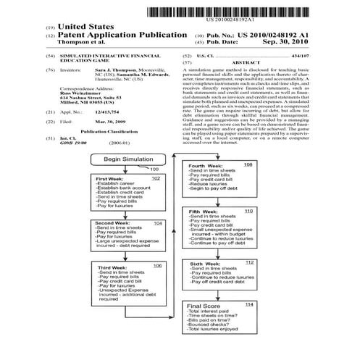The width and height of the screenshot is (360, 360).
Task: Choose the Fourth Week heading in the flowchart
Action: point(203,166)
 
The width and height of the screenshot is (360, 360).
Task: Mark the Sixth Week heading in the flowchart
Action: point(202,262)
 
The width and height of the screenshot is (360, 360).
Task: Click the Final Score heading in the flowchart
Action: point(203,306)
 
